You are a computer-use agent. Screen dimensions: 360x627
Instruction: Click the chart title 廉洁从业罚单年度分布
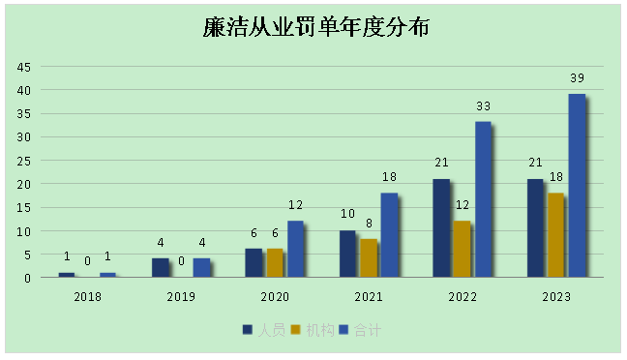[x=316, y=28]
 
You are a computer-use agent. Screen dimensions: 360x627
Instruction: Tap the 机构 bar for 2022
[x=461, y=249]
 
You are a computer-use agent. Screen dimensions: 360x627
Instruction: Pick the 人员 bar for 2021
[x=347, y=254]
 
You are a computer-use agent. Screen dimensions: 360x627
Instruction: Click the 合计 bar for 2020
[x=295, y=249]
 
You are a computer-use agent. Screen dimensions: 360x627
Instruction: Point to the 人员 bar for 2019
[x=160, y=267]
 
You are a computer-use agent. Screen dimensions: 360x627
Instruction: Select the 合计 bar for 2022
[x=482, y=199]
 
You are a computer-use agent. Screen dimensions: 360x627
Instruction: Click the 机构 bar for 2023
[x=554, y=235]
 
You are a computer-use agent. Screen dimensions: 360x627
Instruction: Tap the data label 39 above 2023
[x=577, y=78]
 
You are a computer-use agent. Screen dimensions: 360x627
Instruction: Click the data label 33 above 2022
[x=483, y=106]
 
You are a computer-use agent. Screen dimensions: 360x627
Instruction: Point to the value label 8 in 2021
[x=369, y=224]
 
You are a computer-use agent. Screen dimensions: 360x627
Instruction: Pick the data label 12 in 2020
[x=295, y=205]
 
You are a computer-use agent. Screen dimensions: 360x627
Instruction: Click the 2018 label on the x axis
[x=87, y=295]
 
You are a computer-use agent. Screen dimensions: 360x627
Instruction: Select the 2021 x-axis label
[x=369, y=295]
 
